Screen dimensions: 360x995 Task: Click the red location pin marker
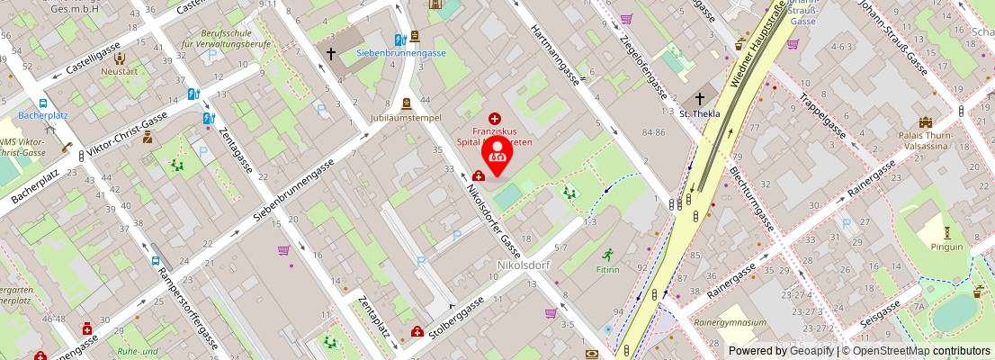coord(497,155)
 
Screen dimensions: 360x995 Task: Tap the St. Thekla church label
coord(700,114)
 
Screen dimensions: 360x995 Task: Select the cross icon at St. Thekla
coord(700,99)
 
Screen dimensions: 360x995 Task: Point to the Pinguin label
coord(946,247)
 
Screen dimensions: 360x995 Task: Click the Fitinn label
coord(608,269)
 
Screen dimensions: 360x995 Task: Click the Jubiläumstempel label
coord(408,118)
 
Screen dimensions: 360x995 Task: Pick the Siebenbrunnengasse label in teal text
coord(401,53)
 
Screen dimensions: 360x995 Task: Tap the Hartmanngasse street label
coord(559,53)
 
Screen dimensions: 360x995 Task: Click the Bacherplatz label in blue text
coord(44,116)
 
